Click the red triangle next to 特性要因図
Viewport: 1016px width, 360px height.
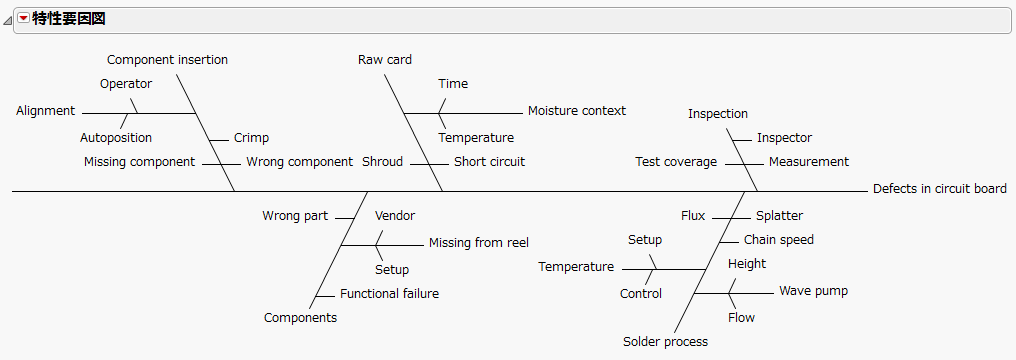(x=23, y=19)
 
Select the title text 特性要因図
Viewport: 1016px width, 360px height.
(x=69, y=19)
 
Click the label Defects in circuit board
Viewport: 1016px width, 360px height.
(x=939, y=189)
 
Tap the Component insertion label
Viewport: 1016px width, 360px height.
(x=167, y=60)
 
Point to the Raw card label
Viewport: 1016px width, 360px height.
(x=385, y=60)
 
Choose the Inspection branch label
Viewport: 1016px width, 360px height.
(x=717, y=114)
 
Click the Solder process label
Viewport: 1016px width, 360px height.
(x=665, y=342)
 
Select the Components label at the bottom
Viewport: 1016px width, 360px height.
(x=300, y=318)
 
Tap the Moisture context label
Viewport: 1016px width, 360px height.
(x=576, y=111)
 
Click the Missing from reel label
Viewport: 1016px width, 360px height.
(x=478, y=242)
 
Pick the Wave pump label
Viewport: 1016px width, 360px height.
(x=813, y=291)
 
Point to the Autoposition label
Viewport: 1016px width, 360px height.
(x=116, y=138)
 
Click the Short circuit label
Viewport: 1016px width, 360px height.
(x=489, y=162)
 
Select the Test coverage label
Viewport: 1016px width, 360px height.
(x=676, y=162)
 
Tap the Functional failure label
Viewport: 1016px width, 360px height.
(x=389, y=294)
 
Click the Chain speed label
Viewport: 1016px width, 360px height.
(x=778, y=240)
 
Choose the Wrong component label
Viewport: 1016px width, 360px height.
(x=299, y=162)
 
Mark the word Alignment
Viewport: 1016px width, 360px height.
(x=45, y=111)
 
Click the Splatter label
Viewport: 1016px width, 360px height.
(x=779, y=216)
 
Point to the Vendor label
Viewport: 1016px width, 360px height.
(x=394, y=216)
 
